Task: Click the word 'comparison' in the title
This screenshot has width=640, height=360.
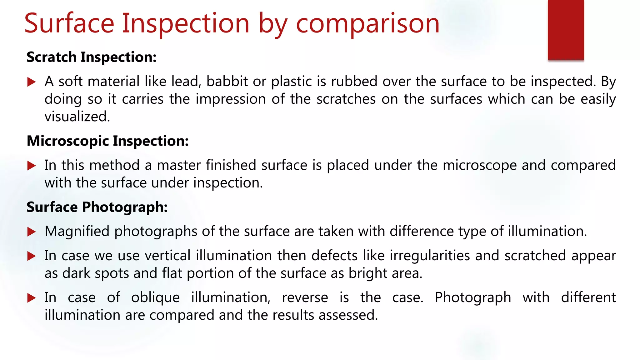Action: click(367, 24)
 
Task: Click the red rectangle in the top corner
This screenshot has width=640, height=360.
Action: click(566, 30)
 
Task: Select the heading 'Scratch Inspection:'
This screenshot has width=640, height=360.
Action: click(92, 57)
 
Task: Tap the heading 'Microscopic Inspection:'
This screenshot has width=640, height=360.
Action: click(108, 141)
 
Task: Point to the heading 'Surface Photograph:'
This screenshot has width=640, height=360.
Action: click(97, 207)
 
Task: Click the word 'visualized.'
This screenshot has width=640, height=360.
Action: click(77, 117)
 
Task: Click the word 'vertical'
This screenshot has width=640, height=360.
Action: click(167, 256)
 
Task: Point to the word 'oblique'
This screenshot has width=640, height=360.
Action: click(155, 298)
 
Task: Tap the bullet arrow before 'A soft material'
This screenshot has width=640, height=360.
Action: click(32, 82)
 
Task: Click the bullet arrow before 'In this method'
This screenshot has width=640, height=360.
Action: click(32, 166)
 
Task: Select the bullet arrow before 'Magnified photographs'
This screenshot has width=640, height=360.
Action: click(32, 232)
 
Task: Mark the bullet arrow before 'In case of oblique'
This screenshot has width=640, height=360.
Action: click(32, 298)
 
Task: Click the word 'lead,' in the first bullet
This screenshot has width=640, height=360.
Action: click(186, 82)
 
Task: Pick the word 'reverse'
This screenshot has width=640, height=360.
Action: click(305, 298)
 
